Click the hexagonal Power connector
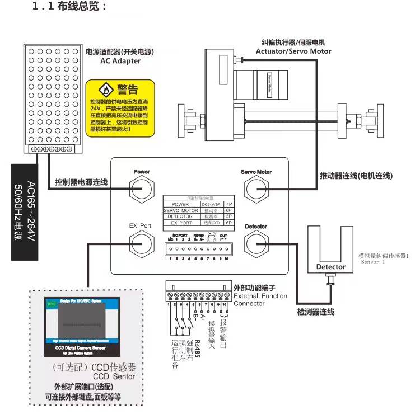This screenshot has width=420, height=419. click(x=142, y=189)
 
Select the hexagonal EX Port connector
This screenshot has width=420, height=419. click(x=141, y=242)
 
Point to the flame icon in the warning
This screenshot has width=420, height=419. click(x=106, y=89)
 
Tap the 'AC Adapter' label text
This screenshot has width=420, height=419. click(x=120, y=61)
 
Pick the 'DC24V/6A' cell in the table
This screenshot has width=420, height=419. click(x=212, y=204)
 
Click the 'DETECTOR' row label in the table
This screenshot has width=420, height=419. click(x=181, y=216)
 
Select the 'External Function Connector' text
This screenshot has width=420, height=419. click(x=260, y=299)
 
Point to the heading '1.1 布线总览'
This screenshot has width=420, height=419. click(x=69, y=7)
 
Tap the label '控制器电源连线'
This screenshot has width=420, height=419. click(x=81, y=182)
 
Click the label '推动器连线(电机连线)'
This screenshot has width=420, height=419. click(x=356, y=176)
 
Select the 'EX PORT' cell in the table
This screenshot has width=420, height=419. click(x=181, y=222)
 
